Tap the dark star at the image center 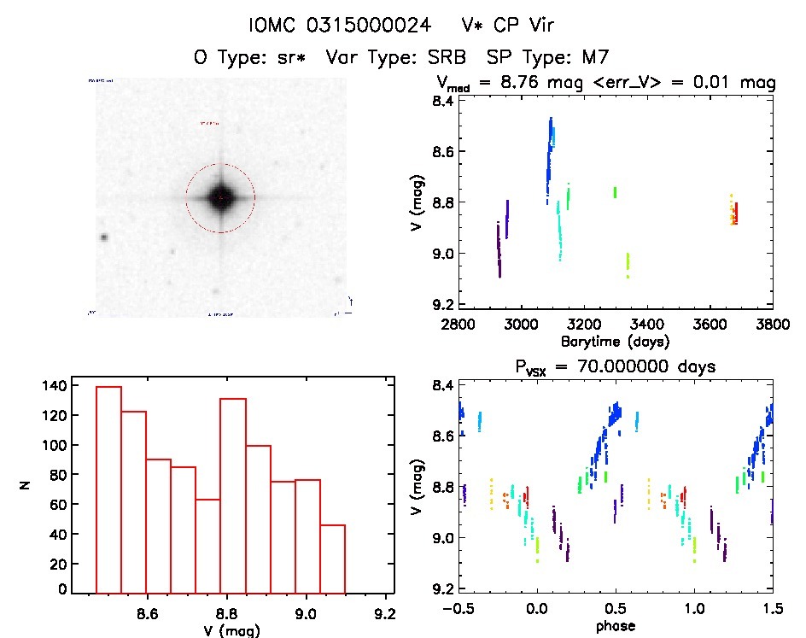point(220,197)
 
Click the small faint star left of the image point(104,237)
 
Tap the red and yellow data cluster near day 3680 point(733,210)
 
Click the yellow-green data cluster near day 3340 point(628,264)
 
